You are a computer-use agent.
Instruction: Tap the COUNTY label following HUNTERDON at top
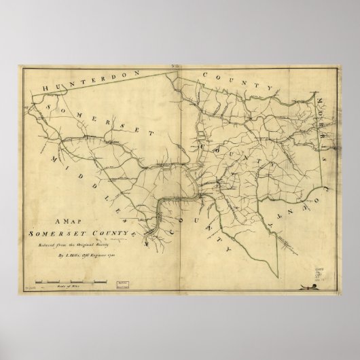coord(236,80)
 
